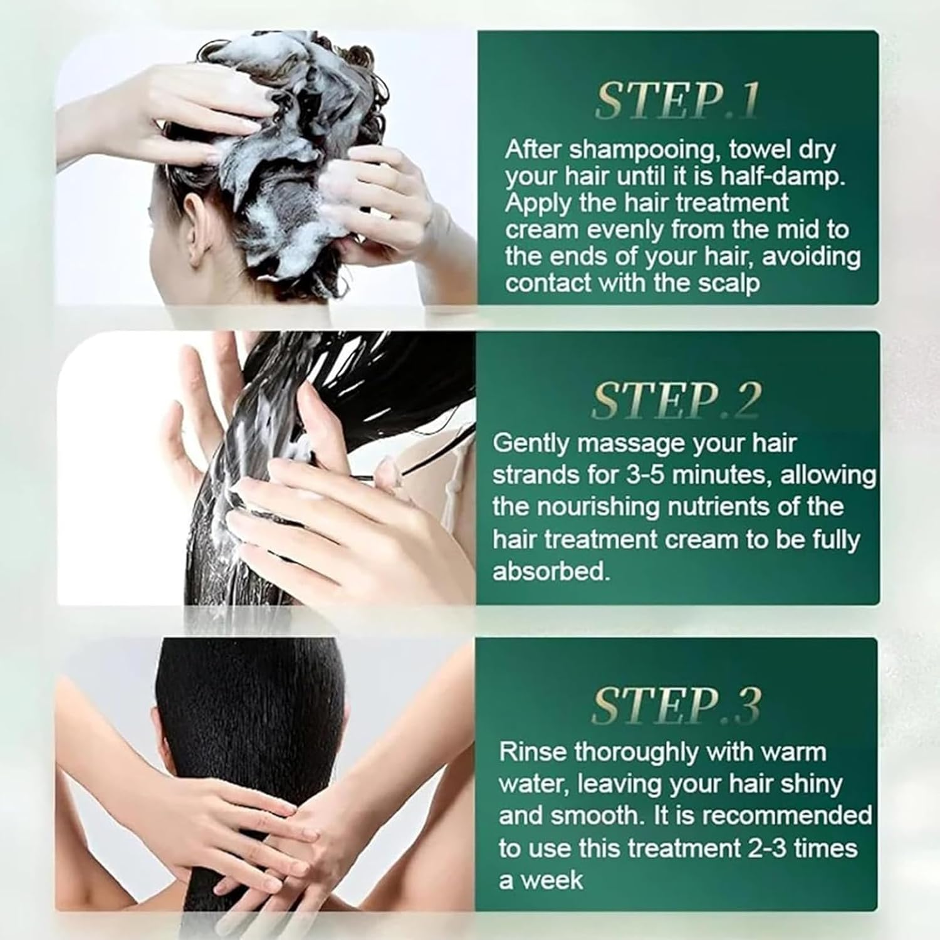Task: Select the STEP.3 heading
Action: [x=676, y=706]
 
